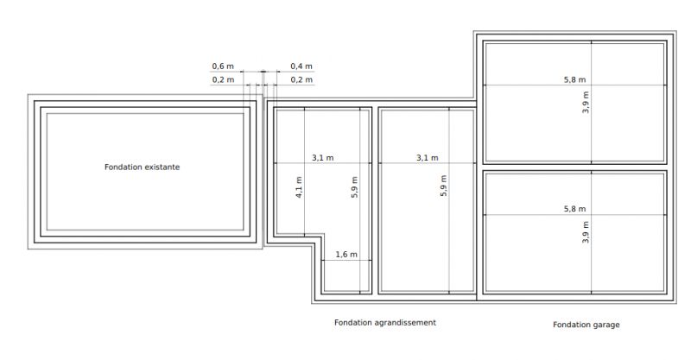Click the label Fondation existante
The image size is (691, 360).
point(142,167)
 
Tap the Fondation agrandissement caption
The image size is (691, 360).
point(385,323)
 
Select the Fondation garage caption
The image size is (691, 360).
point(586,325)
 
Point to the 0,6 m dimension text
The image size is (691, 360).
point(223,66)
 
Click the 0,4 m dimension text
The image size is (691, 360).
point(301,66)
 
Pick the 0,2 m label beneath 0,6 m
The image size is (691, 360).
point(223,79)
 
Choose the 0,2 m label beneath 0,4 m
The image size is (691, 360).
point(301,79)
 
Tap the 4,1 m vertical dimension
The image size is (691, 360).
point(299,187)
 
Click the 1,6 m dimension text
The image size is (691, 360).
point(346,255)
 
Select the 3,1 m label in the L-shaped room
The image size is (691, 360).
point(322,158)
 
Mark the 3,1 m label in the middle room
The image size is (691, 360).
point(428,158)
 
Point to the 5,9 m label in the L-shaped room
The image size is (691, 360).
point(354,187)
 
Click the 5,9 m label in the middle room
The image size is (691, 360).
point(443,186)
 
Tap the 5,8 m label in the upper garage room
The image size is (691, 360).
point(575,79)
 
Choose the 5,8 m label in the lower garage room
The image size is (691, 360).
point(575,209)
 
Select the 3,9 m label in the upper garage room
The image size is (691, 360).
point(586,102)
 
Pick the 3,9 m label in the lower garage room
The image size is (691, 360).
point(586,232)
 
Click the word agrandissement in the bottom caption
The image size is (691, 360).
point(404,323)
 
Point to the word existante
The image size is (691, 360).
point(161,167)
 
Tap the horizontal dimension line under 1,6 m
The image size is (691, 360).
point(346,261)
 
